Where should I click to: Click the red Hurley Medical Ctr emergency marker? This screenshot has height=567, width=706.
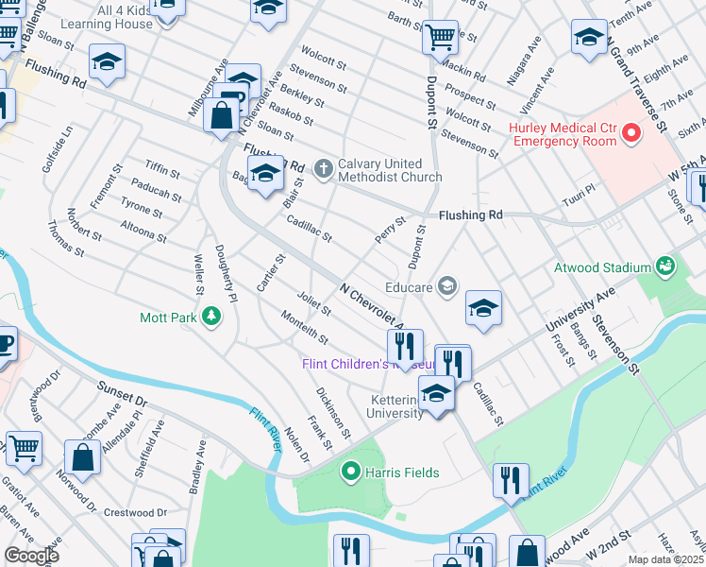[631, 134]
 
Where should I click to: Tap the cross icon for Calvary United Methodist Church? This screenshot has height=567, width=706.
[324, 169]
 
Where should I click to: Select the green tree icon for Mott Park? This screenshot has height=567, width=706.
[212, 318]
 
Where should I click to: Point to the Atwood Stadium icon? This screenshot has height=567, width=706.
[667, 267]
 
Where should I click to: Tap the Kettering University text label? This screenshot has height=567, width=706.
[392, 406]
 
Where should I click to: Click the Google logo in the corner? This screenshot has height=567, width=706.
[31, 555]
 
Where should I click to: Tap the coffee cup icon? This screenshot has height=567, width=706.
[4, 344]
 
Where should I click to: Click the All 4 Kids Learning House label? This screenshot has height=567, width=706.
[110, 16]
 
